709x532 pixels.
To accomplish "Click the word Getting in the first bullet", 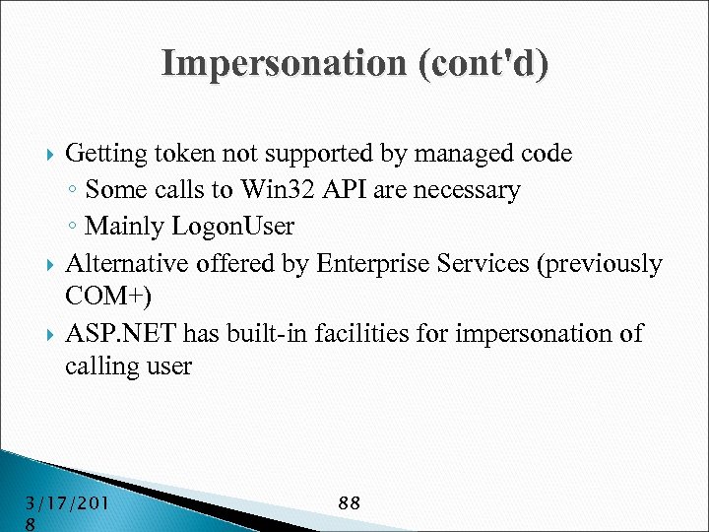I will (105, 154).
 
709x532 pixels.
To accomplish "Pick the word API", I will (333, 189).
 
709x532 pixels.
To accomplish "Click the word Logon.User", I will (233, 226).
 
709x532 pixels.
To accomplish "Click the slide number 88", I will (349, 503).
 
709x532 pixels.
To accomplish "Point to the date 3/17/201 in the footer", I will (67, 503).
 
